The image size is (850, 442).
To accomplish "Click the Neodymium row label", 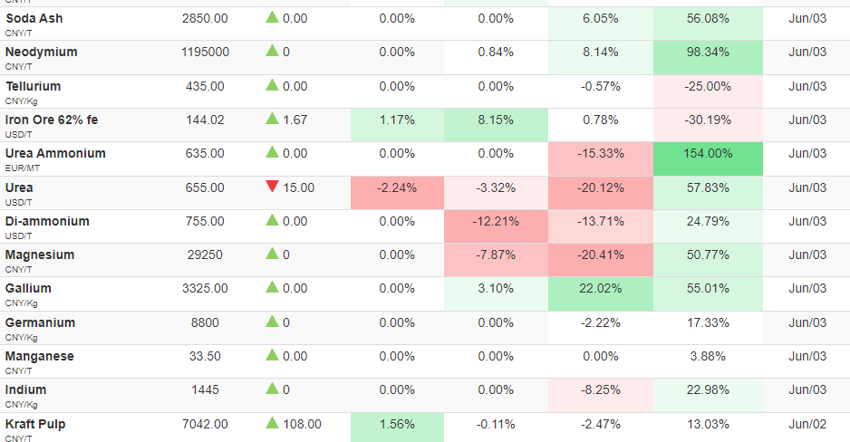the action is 41,52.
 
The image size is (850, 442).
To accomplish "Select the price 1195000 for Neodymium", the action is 205,52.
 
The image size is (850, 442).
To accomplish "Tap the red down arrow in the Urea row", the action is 272,187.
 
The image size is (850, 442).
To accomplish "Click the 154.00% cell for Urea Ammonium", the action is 708,159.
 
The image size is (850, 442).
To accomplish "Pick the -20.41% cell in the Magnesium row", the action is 601,260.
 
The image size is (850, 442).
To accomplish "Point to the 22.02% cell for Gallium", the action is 601,293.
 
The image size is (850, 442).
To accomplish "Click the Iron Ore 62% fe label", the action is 52,120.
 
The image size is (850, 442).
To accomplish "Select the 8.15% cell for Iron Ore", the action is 496,125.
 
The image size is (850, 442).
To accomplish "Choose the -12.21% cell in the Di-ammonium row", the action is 496,226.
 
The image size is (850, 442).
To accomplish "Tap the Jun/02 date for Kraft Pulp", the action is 807,424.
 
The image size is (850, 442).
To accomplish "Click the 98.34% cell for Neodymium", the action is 708,57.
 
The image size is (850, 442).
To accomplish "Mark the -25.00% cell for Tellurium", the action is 708,91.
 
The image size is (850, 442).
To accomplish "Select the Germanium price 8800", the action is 205,322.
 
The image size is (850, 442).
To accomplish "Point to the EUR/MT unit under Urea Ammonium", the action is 23,168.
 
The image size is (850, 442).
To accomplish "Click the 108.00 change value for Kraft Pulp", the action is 302,424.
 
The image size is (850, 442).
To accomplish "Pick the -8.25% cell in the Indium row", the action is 601,395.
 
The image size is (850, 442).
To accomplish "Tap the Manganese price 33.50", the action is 205,357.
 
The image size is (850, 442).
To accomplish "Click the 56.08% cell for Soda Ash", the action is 708,24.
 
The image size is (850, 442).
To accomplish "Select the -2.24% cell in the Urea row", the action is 397,193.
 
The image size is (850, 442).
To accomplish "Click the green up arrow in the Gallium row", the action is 272,287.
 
